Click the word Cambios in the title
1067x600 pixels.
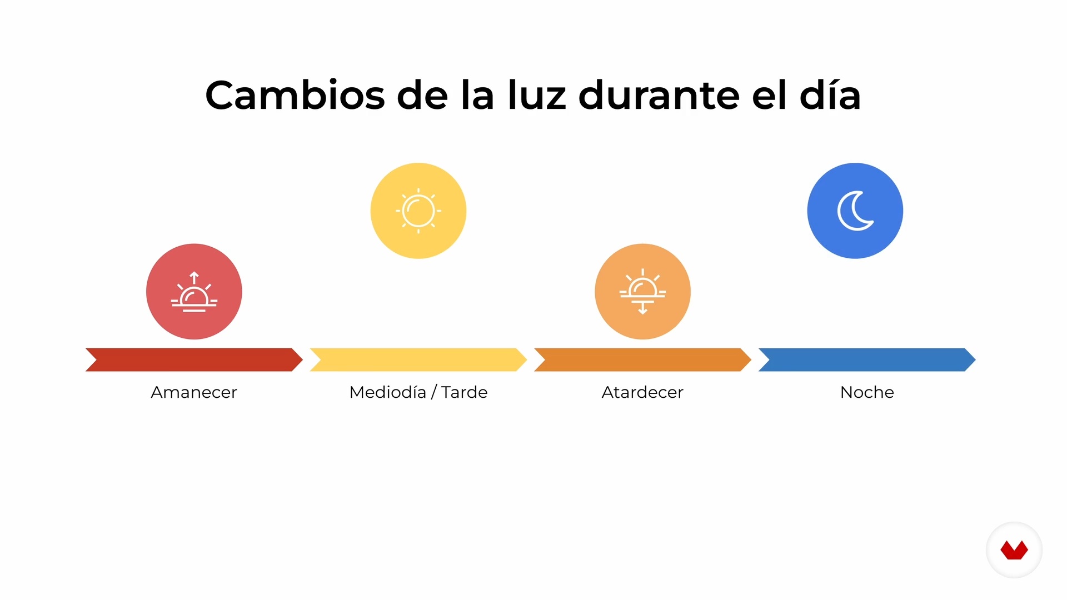(295, 95)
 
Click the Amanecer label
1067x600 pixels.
(194, 392)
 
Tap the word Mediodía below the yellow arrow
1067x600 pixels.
(388, 392)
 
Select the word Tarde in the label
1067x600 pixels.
(465, 392)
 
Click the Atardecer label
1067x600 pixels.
(642, 392)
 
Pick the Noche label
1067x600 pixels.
(867, 392)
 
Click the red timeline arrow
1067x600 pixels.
(194, 359)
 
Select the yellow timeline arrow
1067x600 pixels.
(418, 359)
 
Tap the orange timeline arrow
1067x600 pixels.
(642, 359)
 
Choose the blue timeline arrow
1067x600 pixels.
(867, 359)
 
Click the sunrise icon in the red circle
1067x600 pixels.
(194, 292)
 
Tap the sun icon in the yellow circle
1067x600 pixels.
(418, 211)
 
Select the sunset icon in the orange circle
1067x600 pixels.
(642, 292)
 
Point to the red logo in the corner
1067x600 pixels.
(1014, 550)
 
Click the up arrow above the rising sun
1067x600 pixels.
(194, 277)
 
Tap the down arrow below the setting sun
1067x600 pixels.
(643, 308)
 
